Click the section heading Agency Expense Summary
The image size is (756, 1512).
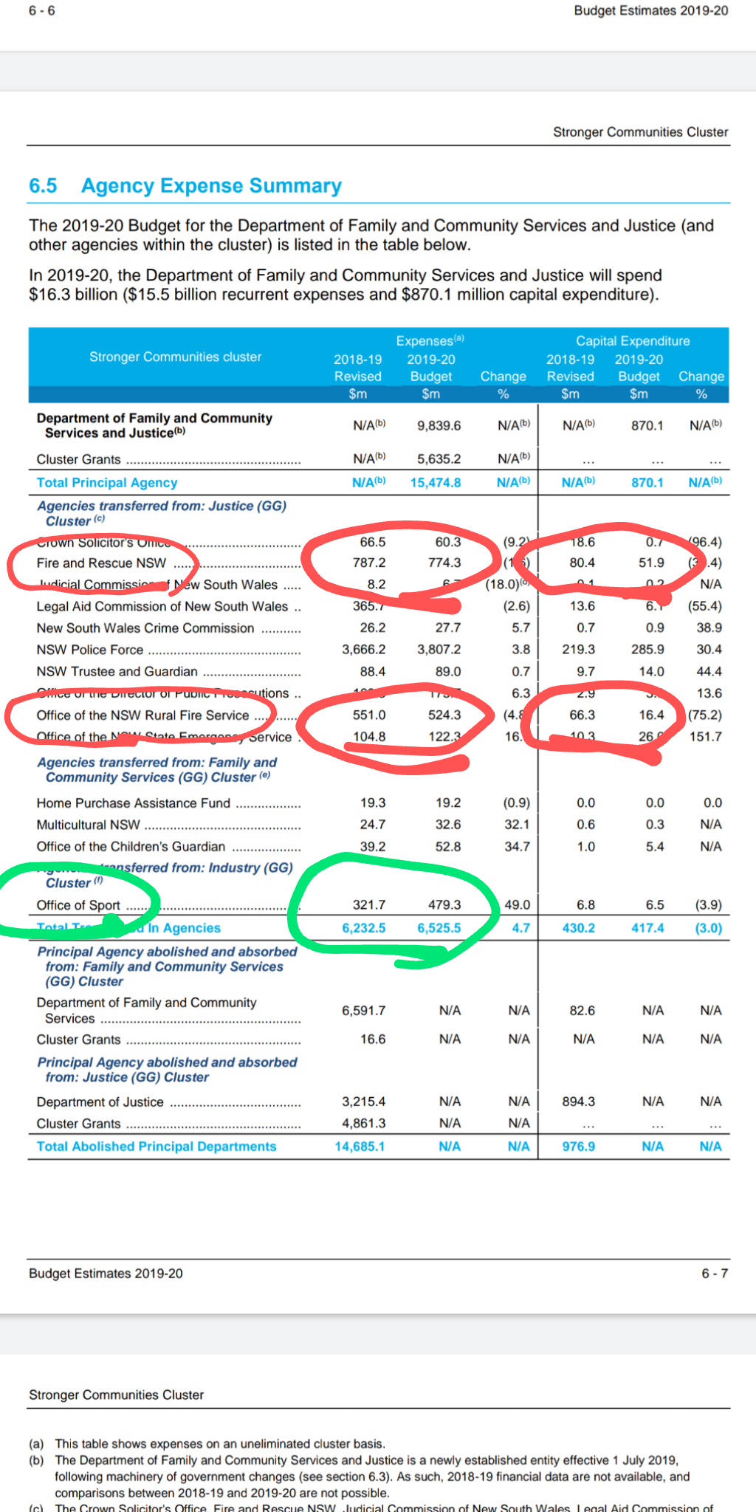(211, 186)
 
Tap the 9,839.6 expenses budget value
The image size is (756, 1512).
(439, 426)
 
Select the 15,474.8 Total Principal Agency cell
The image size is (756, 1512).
(436, 483)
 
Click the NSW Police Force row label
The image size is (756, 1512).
(90, 650)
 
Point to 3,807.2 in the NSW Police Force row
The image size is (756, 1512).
(439, 650)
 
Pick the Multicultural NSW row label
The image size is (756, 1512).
(89, 825)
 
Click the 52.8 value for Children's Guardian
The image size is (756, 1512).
(448, 847)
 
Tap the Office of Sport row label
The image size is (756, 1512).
(78, 905)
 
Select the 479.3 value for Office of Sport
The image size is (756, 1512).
(444, 905)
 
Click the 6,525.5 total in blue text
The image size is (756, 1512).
(439, 928)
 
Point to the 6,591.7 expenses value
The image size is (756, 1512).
(363, 1011)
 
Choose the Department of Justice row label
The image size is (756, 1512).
(100, 1102)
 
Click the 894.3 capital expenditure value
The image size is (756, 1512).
(578, 1102)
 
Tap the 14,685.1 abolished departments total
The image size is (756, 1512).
(360, 1147)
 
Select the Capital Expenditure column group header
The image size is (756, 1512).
(633, 341)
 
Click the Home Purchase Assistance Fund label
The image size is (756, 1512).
(134, 803)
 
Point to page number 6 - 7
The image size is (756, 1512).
(714, 1274)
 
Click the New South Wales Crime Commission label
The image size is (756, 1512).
(145, 628)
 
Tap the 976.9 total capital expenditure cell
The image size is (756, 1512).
(578, 1147)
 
